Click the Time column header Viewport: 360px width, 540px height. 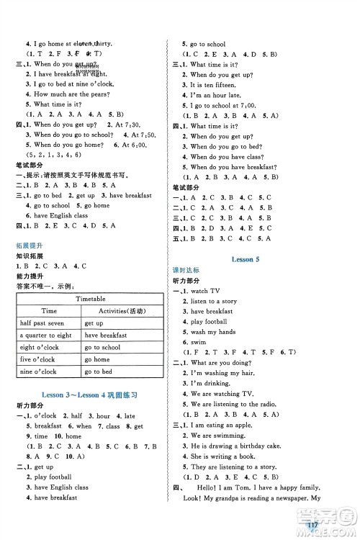[x=49, y=310]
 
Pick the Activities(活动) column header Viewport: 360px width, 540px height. [x=117, y=310]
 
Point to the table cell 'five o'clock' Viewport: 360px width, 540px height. [x=38, y=359]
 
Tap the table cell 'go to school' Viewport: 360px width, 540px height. [x=102, y=347]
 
